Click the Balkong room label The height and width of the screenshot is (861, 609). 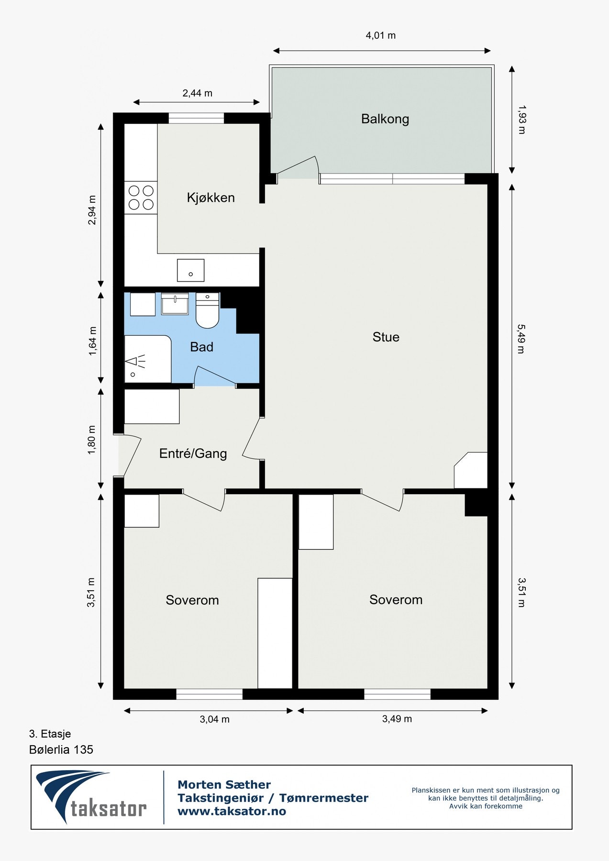point(385,119)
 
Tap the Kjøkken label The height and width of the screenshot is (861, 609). point(211,198)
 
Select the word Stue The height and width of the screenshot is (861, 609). point(386,337)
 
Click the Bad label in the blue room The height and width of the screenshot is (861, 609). point(202,347)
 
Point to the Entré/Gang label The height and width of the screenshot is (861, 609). point(193,453)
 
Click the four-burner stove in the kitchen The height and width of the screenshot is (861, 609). point(141,198)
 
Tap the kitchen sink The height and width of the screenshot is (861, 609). point(190,270)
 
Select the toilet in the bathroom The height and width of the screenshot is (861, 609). point(207,310)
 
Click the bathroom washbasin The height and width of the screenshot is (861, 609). point(175,304)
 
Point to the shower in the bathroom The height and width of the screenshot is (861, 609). point(148,359)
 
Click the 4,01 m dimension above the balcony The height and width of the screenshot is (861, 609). point(381,35)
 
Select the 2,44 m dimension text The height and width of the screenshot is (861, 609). point(197,93)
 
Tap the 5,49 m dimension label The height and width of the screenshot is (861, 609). point(521,339)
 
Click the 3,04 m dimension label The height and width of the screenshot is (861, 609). point(215,719)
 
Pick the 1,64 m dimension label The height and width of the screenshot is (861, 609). point(92,341)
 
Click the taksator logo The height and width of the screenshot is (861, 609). point(91,797)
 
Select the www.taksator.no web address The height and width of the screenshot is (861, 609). point(232,811)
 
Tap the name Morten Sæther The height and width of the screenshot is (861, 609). point(224,784)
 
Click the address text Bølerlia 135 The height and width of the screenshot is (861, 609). point(61,750)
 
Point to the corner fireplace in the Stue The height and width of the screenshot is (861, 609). point(471,470)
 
